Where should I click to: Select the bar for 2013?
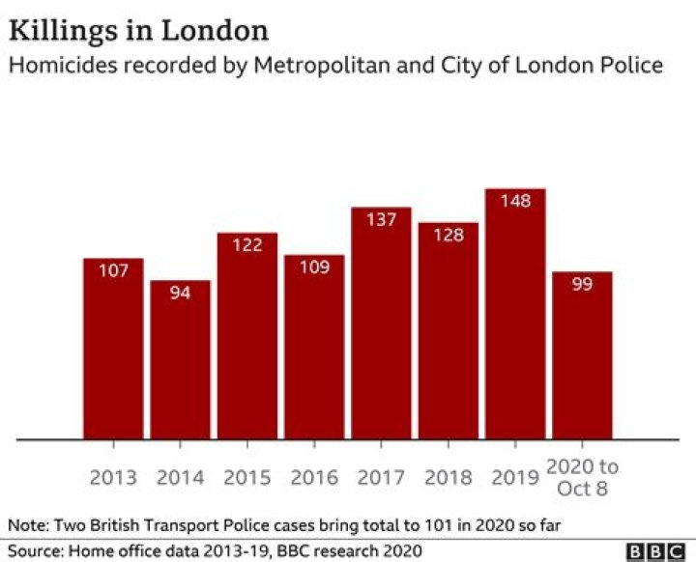[113, 348]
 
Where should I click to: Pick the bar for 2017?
[381, 323]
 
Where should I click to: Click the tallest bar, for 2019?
[515, 313]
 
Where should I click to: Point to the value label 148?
[515, 202]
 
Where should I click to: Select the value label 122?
[247, 245]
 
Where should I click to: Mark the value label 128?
[448, 236]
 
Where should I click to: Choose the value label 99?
[582, 285]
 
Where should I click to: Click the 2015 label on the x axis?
[247, 478]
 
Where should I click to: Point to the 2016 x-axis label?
[314, 478]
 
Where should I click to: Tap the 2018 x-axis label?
[448, 478]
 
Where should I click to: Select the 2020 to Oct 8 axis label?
[582, 477]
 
